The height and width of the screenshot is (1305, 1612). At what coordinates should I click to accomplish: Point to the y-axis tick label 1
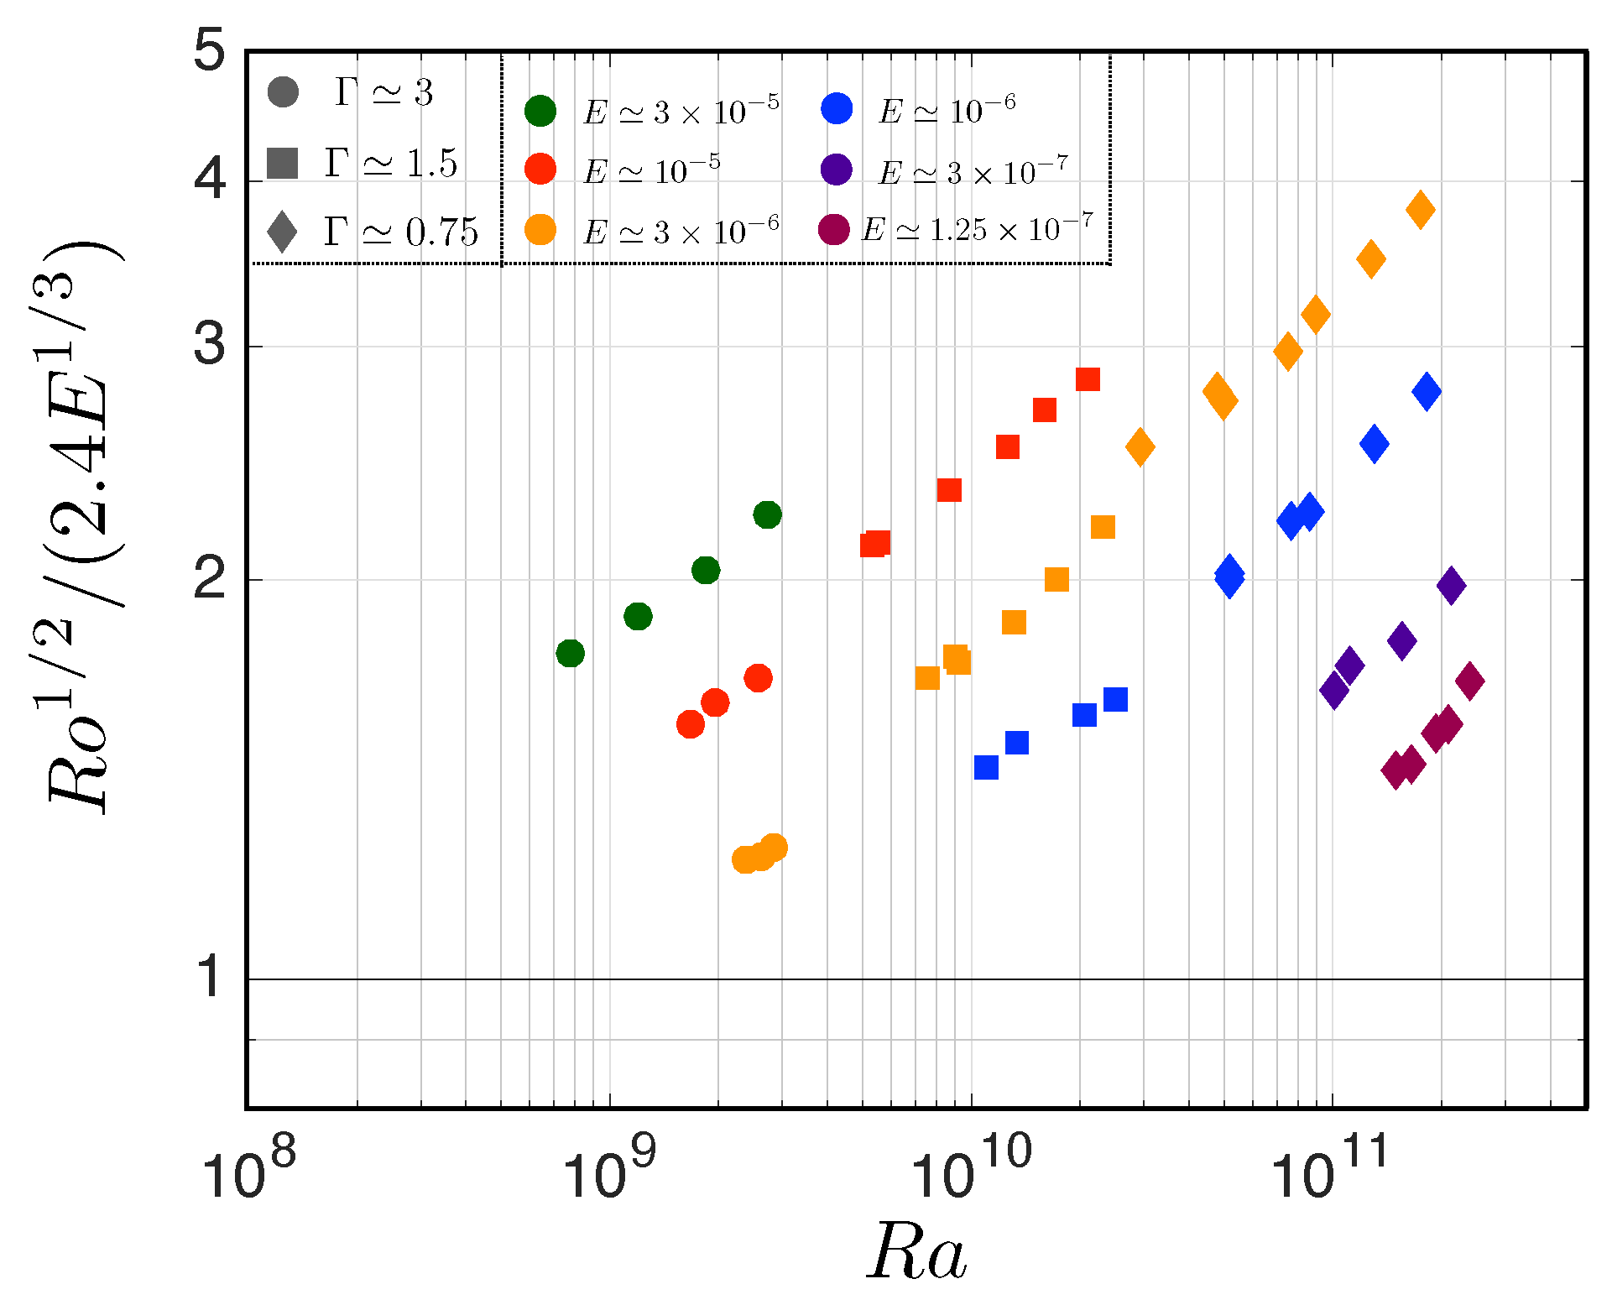(x=210, y=978)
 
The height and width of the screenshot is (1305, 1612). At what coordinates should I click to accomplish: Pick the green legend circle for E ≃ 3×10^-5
(x=540, y=111)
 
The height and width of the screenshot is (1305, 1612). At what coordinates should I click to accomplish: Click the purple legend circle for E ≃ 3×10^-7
(x=837, y=170)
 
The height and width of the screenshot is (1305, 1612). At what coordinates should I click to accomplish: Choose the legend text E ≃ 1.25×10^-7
(x=978, y=229)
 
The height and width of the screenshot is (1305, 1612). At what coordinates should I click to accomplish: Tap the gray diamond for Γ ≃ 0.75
(x=282, y=232)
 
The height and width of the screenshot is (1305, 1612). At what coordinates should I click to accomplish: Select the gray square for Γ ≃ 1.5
(x=283, y=163)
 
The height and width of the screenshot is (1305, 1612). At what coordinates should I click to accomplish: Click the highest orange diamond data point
(x=1420, y=209)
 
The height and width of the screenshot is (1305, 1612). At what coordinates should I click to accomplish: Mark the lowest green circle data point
(x=570, y=653)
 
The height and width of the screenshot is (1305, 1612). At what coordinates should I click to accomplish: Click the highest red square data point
(x=1088, y=379)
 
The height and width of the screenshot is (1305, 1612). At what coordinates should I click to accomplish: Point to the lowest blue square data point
(x=986, y=767)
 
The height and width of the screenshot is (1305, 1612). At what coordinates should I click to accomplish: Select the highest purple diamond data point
(x=1451, y=585)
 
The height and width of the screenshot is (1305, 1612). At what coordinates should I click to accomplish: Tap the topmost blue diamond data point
(x=1427, y=391)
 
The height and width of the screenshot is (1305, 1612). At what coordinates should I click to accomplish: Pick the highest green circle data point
(x=767, y=514)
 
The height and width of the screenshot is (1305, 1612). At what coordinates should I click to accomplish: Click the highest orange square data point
(x=1103, y=527)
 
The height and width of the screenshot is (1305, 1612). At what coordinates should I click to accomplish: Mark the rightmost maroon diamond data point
(x=1469, y=681)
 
